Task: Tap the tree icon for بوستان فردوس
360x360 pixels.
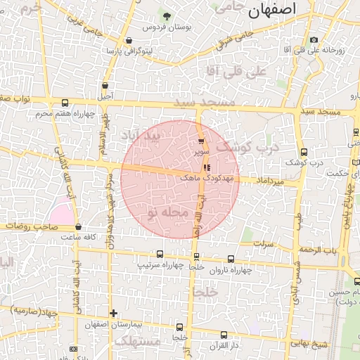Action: tap(167, 16)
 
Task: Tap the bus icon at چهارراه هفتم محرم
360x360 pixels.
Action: tap(65, 103)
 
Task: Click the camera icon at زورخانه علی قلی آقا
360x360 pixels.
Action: tap(314, 39)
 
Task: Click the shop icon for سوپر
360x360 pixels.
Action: tap(202, 141)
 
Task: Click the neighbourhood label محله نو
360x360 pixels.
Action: tap(169, 212)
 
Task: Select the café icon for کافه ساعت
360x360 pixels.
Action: tap(78, 227)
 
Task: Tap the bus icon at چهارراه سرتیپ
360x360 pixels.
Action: tap(160, 254)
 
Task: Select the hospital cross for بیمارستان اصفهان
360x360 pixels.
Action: tap(113, 314)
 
